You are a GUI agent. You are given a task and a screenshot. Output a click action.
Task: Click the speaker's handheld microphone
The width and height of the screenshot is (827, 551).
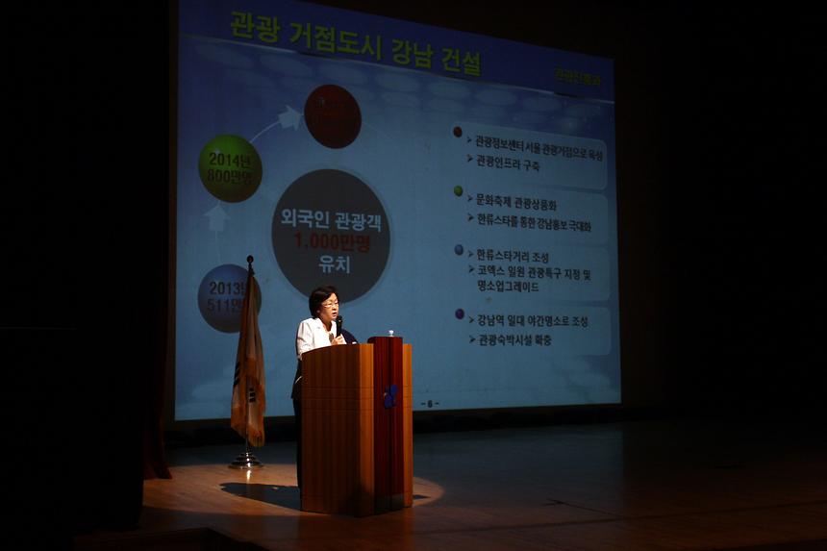338,326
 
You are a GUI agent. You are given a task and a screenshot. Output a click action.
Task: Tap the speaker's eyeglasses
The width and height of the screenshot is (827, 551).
329,304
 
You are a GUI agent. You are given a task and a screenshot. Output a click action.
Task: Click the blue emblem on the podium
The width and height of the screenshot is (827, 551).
390,396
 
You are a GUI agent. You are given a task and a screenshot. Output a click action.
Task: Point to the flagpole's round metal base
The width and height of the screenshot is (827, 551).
246,462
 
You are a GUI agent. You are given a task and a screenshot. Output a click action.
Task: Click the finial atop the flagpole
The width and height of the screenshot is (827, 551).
250,260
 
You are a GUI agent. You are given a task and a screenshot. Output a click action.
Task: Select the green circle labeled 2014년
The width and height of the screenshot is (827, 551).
230,168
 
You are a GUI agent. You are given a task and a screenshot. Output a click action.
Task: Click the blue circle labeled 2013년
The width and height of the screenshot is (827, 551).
225,298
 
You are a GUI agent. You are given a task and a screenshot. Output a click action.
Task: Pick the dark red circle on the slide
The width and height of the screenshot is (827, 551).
332,116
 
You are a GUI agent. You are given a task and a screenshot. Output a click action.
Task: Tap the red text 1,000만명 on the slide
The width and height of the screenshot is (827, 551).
330,240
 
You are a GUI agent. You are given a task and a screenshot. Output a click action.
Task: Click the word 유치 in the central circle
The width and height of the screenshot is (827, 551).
331,263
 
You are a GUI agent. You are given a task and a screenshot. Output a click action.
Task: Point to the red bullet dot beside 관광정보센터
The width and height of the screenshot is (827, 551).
458,132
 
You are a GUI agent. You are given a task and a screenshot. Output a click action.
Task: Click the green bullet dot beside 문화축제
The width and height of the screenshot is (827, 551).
459,190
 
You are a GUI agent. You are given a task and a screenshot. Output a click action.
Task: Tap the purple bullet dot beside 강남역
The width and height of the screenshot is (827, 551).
460,313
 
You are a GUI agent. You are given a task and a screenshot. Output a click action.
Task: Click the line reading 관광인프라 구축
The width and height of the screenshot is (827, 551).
508,164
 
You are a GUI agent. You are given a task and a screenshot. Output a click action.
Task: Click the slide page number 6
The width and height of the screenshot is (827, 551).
430,404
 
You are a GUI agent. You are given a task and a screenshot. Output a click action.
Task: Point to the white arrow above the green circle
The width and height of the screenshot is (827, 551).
288,117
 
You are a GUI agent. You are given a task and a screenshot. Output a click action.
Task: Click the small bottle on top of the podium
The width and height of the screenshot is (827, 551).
391,334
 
